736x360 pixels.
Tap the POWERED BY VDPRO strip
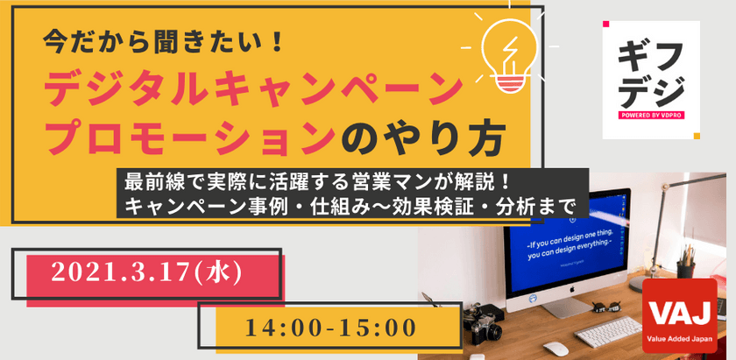point(650,115)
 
